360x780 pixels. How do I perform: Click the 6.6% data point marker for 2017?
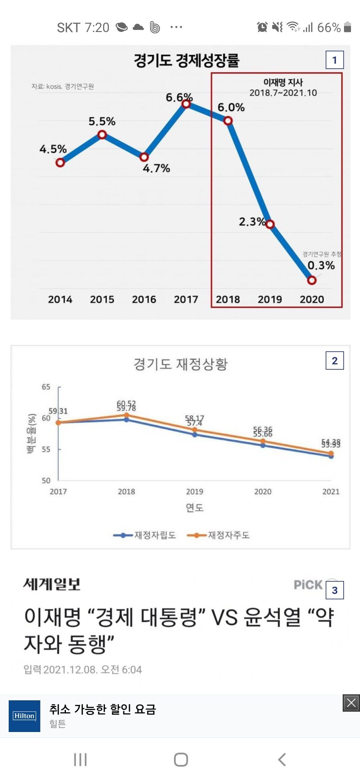coord(186,104)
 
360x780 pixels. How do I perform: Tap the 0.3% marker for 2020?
coord(312,280)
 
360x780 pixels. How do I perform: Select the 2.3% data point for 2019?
coord(270,224)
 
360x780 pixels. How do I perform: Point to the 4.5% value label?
coord(53,149)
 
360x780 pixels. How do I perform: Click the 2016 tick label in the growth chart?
coord(144,299)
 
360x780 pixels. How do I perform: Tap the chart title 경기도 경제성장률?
coord(186,60)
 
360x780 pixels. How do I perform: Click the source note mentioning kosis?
coord(63,87)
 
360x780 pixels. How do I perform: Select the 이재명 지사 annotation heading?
coord(283,82)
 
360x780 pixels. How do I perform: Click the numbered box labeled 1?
coord(334,60)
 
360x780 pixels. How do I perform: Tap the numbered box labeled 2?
coord(334,361)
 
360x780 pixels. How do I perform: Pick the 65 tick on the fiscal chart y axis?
coord(46,387)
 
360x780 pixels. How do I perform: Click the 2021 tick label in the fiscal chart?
coord(331,492)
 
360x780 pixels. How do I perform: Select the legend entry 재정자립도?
coord(145,535)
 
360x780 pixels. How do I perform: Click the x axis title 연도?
coord(195,508)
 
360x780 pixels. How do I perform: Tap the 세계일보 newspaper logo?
coord(52,584)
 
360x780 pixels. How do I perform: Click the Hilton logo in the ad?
coord(24,716)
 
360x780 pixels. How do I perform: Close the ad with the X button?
coord(351,703)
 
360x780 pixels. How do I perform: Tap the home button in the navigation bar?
coord(181,760)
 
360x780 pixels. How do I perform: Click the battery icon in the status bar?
coord(347,27)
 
